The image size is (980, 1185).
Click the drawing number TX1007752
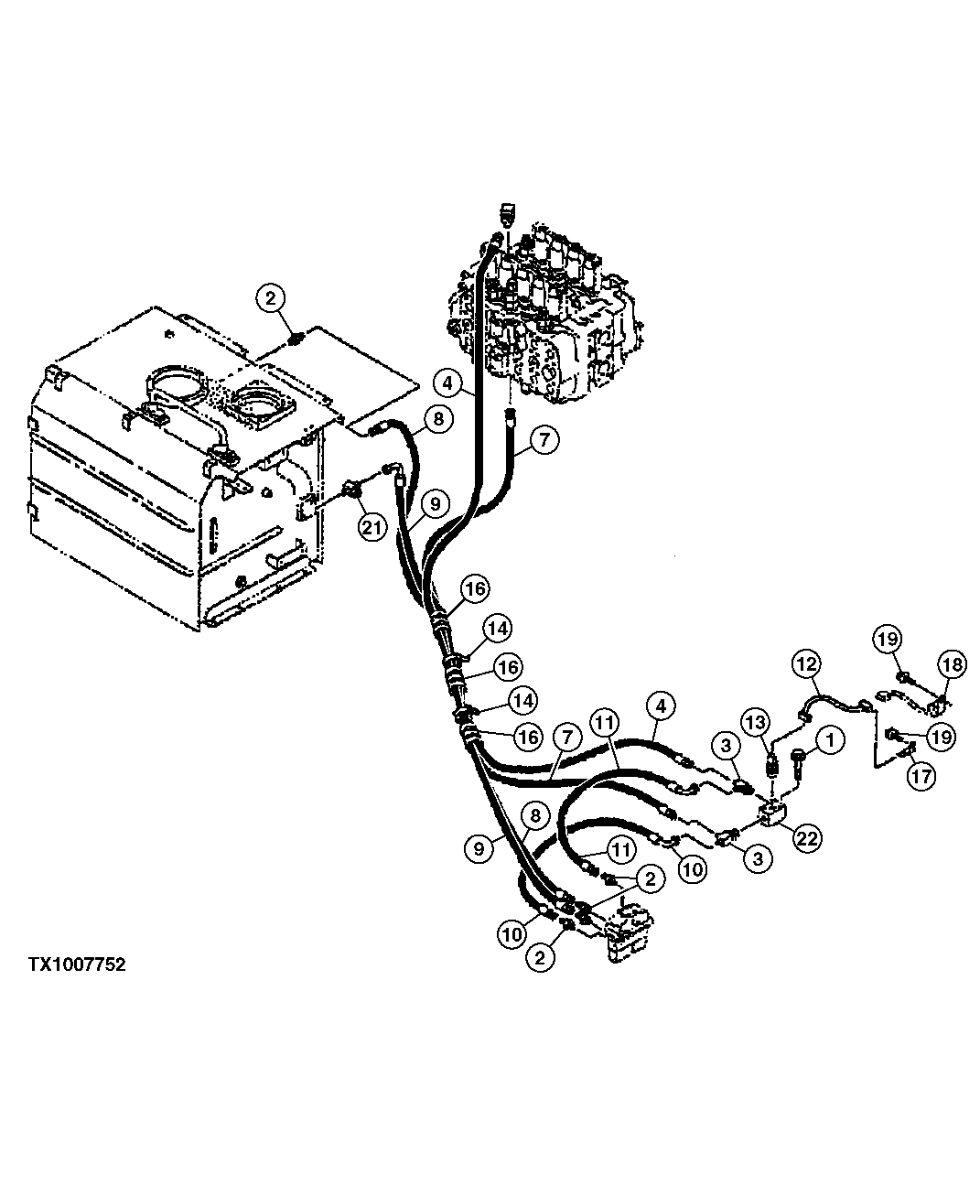(x=77, y=964)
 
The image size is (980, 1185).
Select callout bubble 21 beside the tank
(x=372, y=527)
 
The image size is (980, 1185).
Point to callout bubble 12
(x=806, y=664)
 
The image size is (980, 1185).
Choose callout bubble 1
(x=829, y=738)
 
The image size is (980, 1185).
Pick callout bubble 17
(x=921, y=777)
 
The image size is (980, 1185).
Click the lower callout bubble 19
(x=942, y=736)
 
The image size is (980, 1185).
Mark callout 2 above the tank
(x=272, y=297)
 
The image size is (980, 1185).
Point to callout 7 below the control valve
(x=543, y=441)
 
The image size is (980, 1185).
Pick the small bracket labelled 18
(x=935, y=706)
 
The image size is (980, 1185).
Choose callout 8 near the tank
(x=438, y=420)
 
